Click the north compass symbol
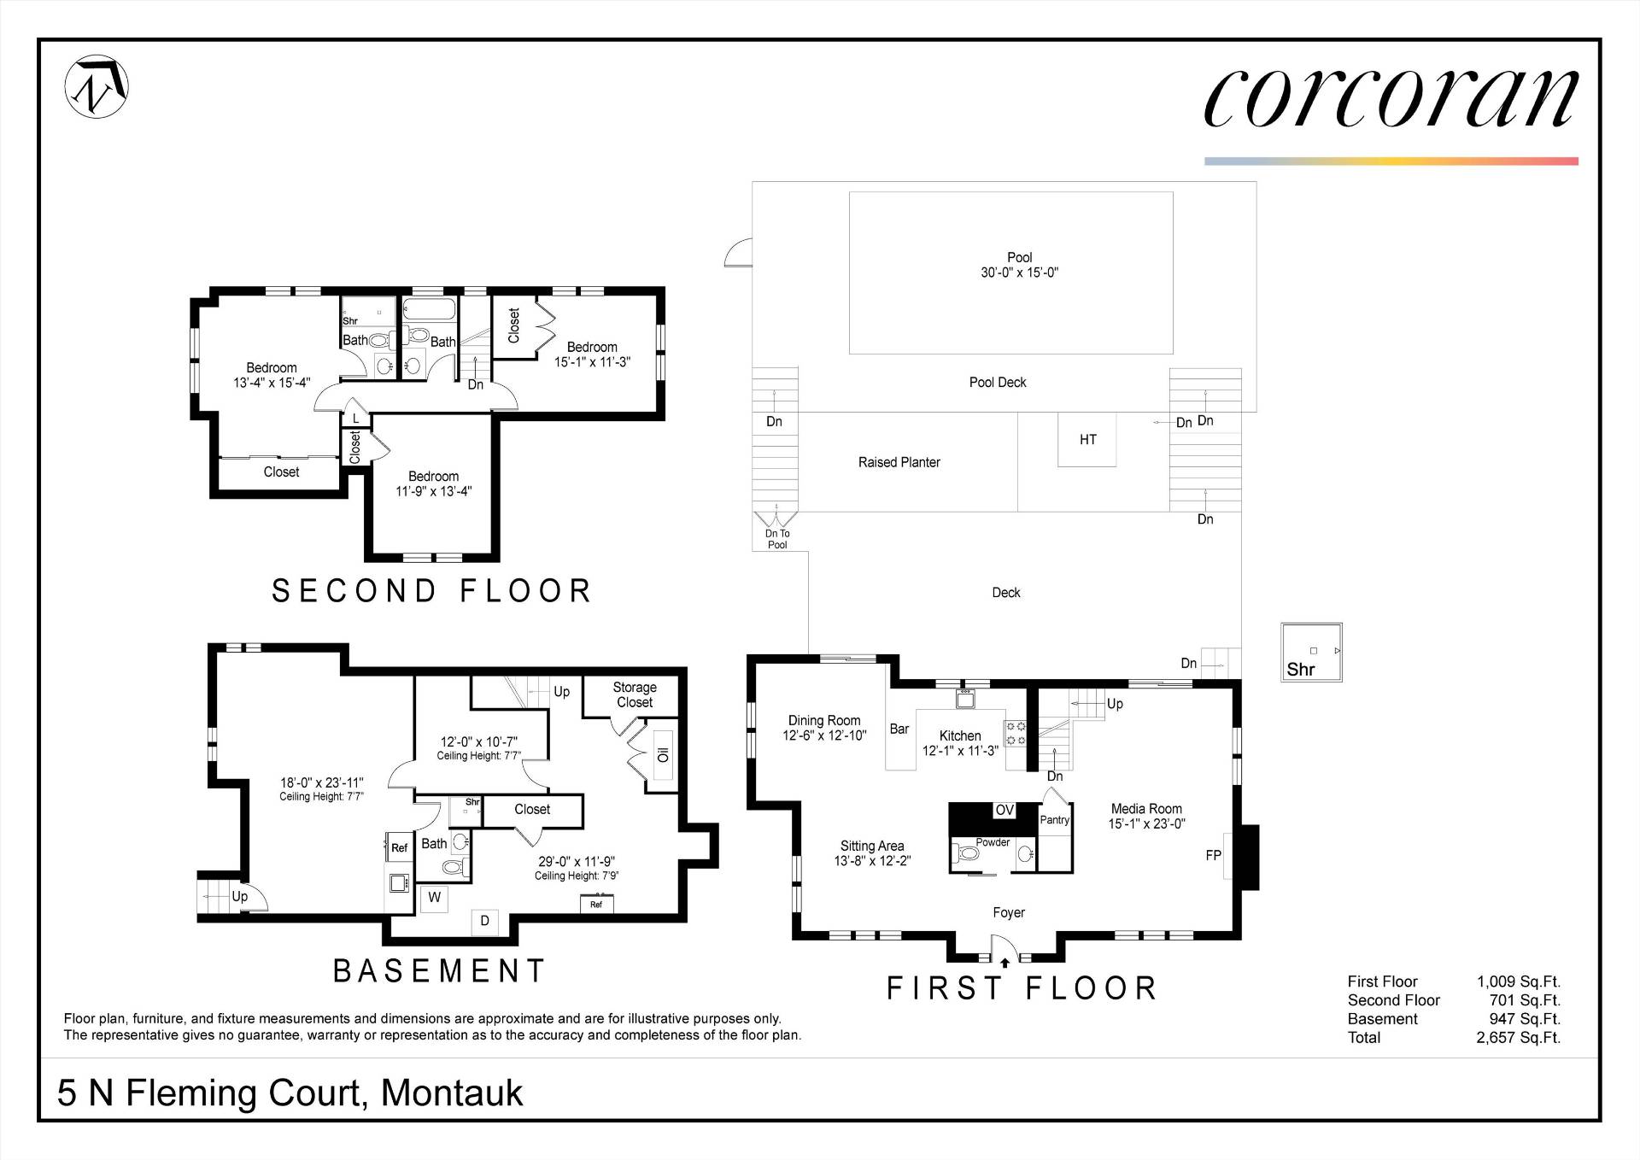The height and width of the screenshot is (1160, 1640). pos(97,86)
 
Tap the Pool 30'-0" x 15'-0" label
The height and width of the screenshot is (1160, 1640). pos(1019,265)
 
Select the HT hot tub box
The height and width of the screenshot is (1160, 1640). pos(1087,439)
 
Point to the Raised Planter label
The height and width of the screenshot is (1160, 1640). pos(899,462)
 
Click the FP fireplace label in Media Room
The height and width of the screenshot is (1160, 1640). pos(1213,855)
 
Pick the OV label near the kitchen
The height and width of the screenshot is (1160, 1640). pos(1004,810)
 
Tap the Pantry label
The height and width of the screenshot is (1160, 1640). pos(1055,820)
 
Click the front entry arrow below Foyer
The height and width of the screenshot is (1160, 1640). pos(1004,962)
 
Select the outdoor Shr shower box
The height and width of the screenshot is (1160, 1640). pos(1312,653)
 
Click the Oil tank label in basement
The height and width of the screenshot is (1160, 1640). pos(663,755)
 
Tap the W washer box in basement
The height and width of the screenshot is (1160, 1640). pos(435,897)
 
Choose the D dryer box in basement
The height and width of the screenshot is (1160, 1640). pos(485,921)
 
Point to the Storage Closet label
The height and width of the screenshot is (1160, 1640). pos(635,694)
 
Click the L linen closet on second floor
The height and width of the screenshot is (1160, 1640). pos(356,418)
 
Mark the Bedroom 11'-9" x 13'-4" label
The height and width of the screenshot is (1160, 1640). pos(433,483)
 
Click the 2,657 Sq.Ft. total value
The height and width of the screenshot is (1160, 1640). pos(1518,1038)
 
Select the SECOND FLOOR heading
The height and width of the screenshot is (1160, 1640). pos(432,591)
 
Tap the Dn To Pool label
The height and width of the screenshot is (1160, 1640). pos(777,539)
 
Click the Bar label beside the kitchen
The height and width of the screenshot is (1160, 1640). pos(899,729)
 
